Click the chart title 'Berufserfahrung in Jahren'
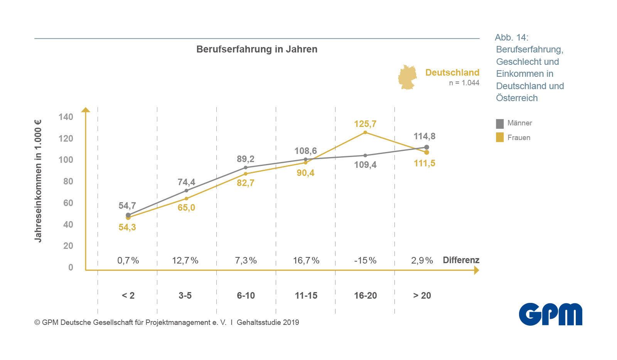[x=257, y=49]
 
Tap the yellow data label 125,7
[x=365, y=124]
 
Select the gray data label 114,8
[x=424, y=136]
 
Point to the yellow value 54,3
[x=127, y=227]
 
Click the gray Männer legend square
[x=500, y=123]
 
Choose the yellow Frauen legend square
[x=500, y=137]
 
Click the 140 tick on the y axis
[x=66, y=117]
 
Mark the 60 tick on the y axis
[x=68, y=203]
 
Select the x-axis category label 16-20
[x=365, y=296]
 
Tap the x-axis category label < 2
[x=128, y=296]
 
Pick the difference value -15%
[x=365, y=260]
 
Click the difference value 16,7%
[x=306, y=260]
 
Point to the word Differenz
[x=461, y=260]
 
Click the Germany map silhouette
[x=407, y=77]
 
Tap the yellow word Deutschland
[x=452, y=73]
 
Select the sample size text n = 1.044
[x=464, y=83]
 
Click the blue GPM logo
[x=550, y=314]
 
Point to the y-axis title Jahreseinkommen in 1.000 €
[x=38, y=181]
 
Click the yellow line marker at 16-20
[x=365, y=133]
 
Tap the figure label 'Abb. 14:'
[x=511, y=37]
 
